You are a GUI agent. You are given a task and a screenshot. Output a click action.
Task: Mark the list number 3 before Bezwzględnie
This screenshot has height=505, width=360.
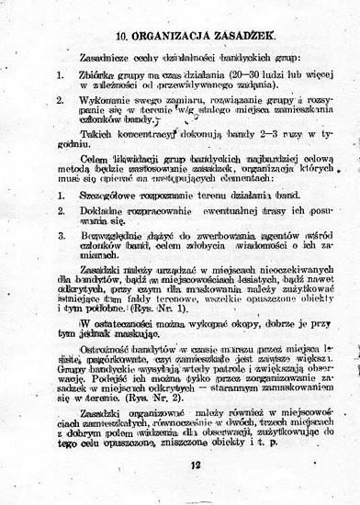click(59, 235)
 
